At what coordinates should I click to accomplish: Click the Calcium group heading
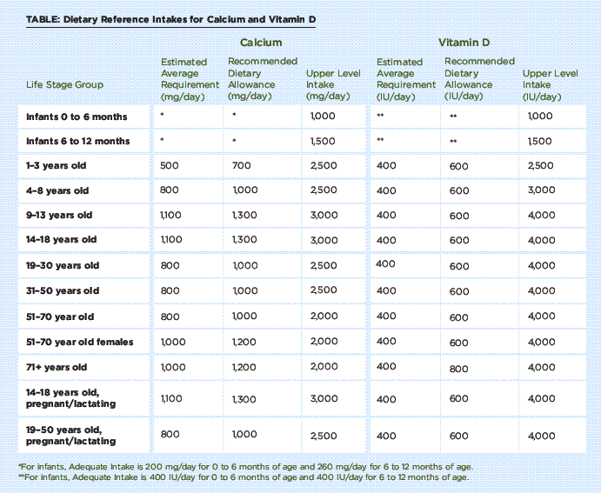click(261, 42)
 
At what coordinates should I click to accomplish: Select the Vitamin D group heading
click(464, 42)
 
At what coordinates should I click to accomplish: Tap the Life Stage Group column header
click(65, 85)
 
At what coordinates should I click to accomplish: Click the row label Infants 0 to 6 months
click(76, 117)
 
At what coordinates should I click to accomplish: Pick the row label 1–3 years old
click(56, 165)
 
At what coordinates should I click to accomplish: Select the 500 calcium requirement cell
click(171, 165)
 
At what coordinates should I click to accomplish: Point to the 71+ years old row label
click(56, 367)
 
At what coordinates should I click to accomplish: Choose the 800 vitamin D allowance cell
click(458, 368)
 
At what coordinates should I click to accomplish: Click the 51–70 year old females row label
click(79, 342)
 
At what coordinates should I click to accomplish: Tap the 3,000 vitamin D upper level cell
click(540, 190)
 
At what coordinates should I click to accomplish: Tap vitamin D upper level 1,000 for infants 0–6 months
click(539, 117)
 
